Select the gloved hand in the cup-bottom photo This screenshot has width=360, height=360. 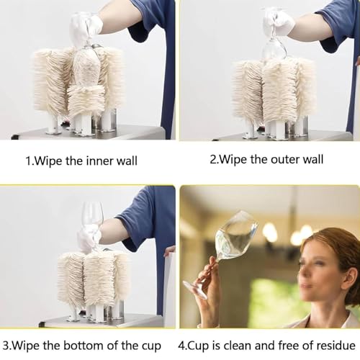[x=88, y=238]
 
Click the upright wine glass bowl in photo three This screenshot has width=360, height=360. [x=92, y=214]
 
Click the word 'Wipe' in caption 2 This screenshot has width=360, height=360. [x=233, y=160]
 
